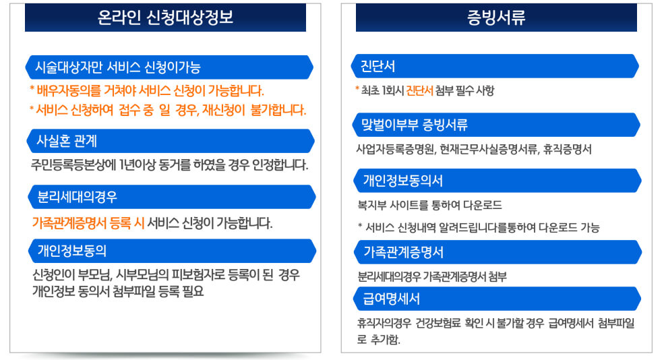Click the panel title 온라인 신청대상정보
coord(165,18)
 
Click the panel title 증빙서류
coord(496,18)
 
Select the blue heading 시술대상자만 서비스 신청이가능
coord(118,67)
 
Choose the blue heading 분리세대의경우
coord(78,198)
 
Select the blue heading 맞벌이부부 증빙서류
coord(415,125)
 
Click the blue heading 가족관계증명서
coord(403,252)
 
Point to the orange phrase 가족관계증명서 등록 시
coord(88,223)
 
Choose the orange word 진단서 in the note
coord(419,90)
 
